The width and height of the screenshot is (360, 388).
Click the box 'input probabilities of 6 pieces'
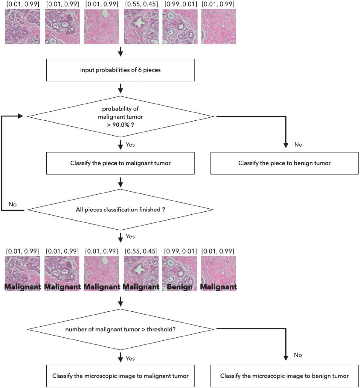[x=120, y=70]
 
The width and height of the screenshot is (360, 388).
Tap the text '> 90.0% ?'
[x=120, y=125]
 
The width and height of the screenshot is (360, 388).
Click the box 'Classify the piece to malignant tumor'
[x=120, y=163]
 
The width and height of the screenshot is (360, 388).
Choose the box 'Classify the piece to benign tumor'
[x=284, y=163]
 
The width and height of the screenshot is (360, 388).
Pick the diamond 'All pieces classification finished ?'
[x=120, y=210]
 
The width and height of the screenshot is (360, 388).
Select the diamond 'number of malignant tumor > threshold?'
[x=120, y=329]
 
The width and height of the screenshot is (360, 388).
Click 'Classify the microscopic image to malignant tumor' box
[x=120, y=376]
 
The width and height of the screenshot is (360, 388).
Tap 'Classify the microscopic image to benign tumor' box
[x=284, y=376]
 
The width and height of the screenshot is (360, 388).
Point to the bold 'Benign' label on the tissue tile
[x=180, y=287]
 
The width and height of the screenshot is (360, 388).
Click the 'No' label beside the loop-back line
[x=13, y=204]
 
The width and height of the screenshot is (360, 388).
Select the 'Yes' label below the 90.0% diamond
[x=130, y=145]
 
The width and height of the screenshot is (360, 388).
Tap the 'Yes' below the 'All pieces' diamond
[x=130, y=237]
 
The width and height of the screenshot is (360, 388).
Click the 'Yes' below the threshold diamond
[x=130, y=358]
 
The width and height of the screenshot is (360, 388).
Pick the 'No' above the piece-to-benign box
[x=298, y=145]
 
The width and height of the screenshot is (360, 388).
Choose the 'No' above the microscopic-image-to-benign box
[x=298, y=355]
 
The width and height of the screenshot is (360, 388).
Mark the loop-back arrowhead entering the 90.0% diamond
[x=21, y=116]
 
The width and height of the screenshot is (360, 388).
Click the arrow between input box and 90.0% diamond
[x=120, y=88]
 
